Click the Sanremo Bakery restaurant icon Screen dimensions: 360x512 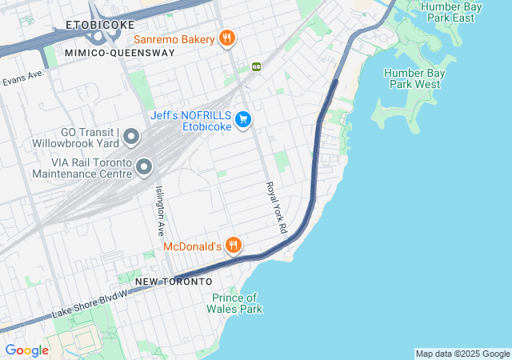point(227,38)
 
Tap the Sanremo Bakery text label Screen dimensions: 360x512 point(174,38)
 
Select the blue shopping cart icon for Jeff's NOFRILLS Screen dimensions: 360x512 point(244,121)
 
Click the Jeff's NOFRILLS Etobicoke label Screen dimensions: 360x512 point(191,121)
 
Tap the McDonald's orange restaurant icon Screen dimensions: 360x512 point(233,246)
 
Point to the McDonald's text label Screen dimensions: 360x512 point(191,246)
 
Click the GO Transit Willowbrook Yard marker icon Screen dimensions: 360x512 point(132,139)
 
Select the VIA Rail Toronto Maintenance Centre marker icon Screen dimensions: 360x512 point(144,166)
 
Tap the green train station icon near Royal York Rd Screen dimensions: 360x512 point(256,66)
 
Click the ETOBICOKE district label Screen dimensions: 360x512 point(102,25)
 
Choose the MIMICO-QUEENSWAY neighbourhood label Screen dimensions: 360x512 point(120,53)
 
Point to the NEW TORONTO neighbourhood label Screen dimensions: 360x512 point(174,282)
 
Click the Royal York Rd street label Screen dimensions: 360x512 point(277,207)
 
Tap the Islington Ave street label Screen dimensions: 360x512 point(161,207)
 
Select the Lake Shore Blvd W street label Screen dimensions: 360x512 point(89,306)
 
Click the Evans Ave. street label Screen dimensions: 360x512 point(23,78)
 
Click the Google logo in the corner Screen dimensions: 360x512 point(26,350)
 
